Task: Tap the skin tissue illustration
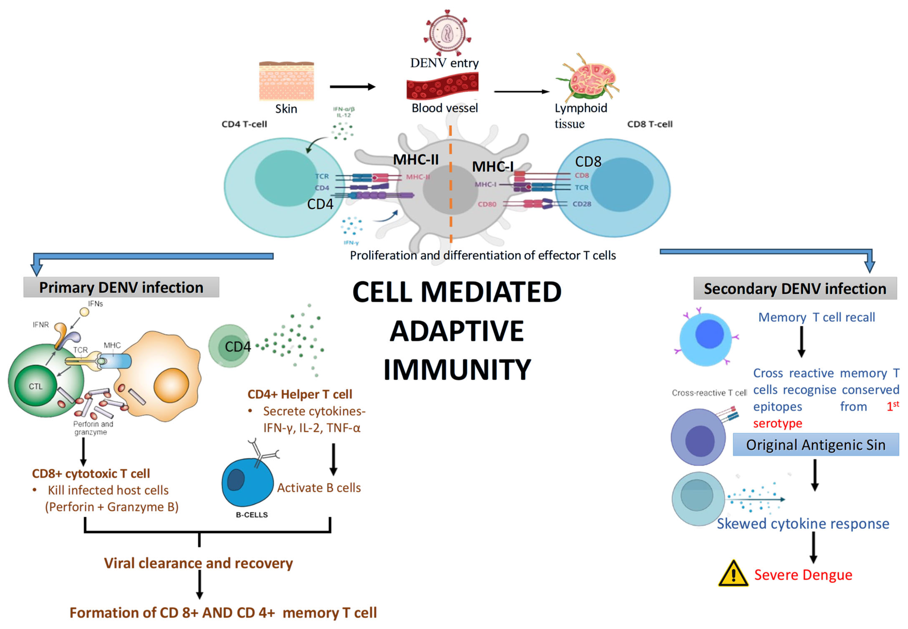[286, 81]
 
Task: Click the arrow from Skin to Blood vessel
[352, 87]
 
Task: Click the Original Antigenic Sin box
[815, 445]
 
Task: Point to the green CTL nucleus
[35, 386]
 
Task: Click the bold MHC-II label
[416, 160]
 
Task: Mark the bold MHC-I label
[492, 167]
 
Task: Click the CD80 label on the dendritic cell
[487, 204]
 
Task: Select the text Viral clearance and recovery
[198, 563]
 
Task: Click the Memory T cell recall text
[816, 317]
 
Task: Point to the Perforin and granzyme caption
[93, 428]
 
